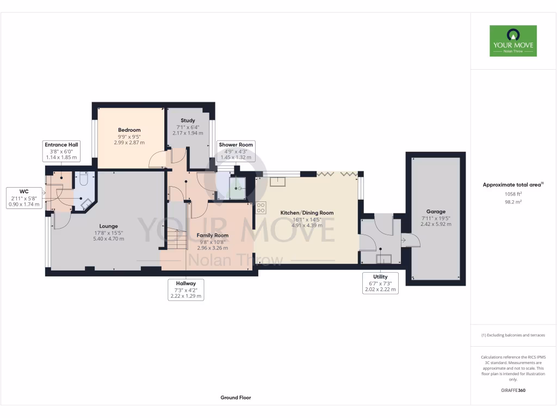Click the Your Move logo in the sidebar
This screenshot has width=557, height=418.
click(513, 41)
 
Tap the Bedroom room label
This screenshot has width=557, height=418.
click(129, 130)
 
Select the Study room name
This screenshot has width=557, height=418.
click(188, 120)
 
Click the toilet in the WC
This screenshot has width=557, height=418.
click(83, 179)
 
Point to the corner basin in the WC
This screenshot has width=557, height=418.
click(86, 204)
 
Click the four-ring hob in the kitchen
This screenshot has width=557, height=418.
click(261, 207)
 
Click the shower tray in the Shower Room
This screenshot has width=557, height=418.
click(237, 188)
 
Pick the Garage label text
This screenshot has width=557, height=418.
click(436, 212)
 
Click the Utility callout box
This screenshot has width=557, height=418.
click(380, 284)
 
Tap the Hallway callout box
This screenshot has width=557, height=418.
click(185, 290)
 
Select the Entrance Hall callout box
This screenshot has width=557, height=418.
click(60, 151)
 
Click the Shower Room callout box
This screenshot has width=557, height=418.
click(236, 151)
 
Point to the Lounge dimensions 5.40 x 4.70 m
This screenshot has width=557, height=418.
click(108, 238)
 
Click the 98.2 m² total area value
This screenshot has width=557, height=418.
click(513, 201)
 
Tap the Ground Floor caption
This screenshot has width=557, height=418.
click(236, 397)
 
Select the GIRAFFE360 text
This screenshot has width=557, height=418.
click(513, 390)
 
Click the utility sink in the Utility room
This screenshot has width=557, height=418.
click(385, 258)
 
